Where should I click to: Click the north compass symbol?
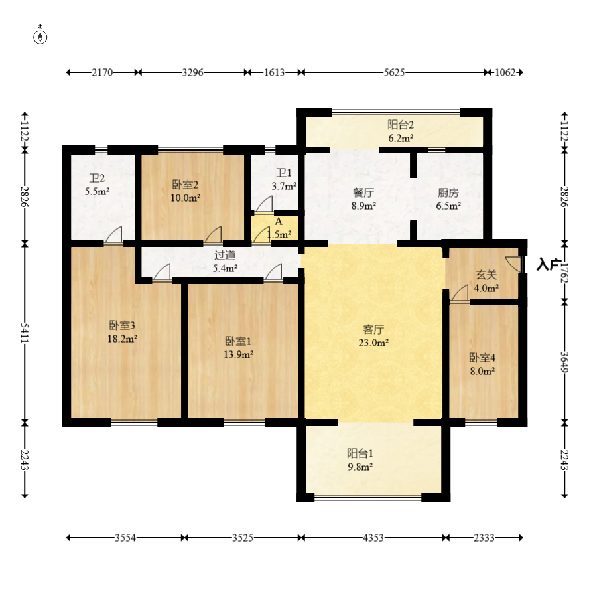click(x=40, y=37)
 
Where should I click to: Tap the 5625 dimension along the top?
click(x=394, y=72)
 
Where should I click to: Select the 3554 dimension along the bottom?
click(x=125, y=538)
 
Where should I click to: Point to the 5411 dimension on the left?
click(x=25, y=333)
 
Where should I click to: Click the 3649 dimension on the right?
click(x=564, y=362)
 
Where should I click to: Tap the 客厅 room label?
click(x=373, y=329)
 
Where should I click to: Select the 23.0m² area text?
click(x=373, y=343)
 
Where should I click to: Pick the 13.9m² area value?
click(x=238, y=354)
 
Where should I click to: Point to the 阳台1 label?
click(x=360, y=453)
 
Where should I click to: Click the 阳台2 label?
click(x=401, y=125)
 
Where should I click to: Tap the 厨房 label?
click(x=448, y=192)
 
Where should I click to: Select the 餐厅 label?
click(x=363, y=192)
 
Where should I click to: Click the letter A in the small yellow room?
click(x=279, y=222)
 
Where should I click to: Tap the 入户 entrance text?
click(x=548, y=264)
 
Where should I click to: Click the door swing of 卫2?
click(x=113, y=234)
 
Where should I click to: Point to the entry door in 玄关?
click(x=515, y=264)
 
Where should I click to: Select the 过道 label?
click(x=225, y=255)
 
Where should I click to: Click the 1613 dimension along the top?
click(x=274, y=72)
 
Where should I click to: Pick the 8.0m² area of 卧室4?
click(x=482, y=371)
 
